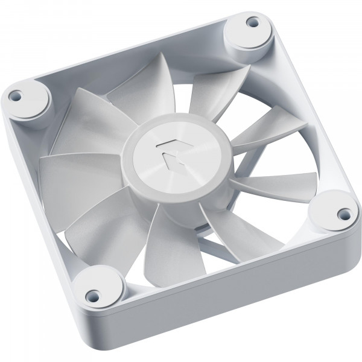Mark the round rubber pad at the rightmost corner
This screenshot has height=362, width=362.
[x=338, y=214]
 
